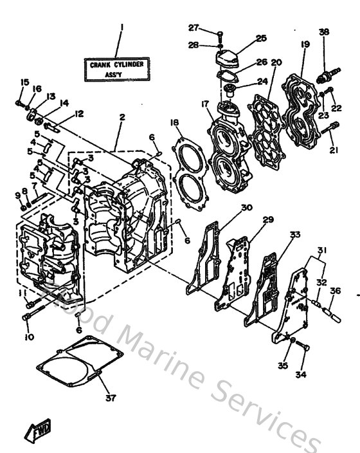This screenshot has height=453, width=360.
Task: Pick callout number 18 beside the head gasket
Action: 174,122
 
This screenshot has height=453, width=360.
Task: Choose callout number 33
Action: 294,236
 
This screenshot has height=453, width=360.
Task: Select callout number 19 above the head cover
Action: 305,44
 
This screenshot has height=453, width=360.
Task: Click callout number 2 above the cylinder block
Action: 122,118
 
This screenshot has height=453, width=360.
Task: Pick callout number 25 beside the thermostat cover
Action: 260,39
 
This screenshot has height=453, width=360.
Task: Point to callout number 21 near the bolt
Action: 333,150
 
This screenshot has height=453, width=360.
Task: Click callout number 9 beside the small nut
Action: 17,195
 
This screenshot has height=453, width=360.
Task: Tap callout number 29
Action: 267,219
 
